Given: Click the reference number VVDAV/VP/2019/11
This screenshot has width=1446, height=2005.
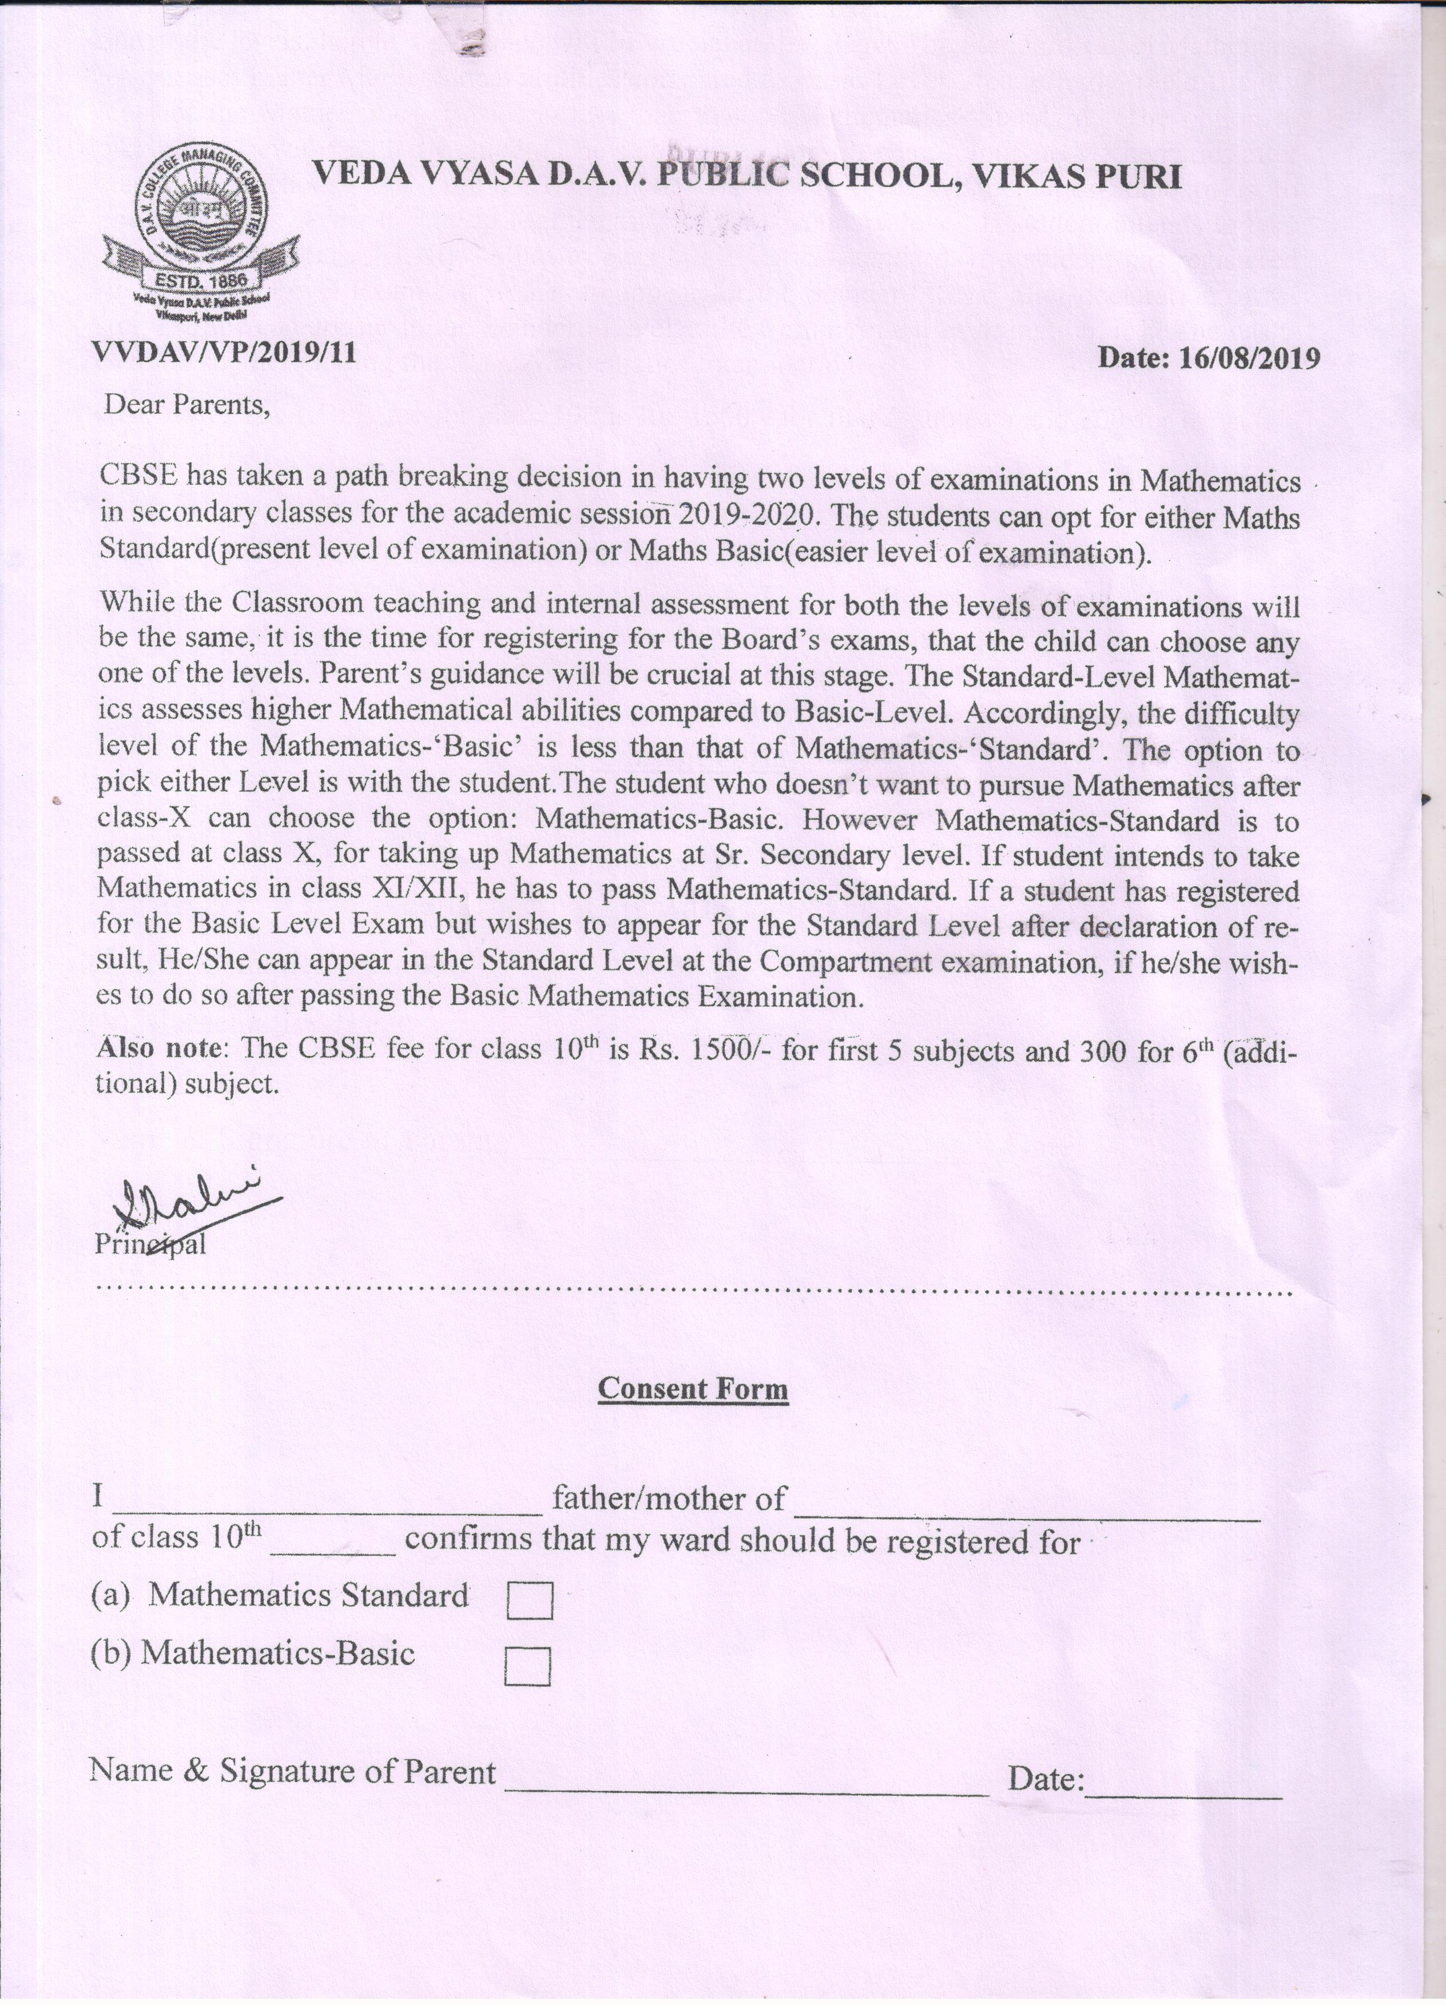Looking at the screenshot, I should click(x=225, y=354).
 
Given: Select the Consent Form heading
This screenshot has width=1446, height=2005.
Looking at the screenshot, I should click(x=693, y=1388).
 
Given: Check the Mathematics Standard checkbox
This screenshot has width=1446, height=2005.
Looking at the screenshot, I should click(x=530, y=1601).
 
